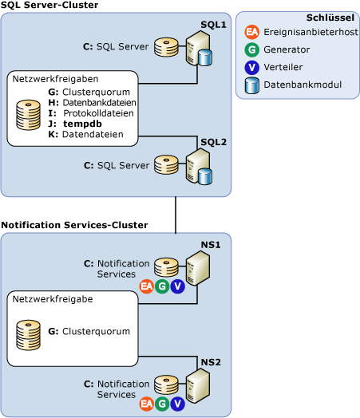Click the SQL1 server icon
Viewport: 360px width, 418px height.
pyautogui.click(x=198, y=49)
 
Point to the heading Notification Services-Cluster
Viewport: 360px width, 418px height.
pyautogui.click(x=74, y=225)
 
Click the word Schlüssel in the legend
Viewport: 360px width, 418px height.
pyautogui.click(x=330, y=18)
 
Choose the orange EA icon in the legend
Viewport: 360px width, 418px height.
pyautogui.click(x=252, y=33)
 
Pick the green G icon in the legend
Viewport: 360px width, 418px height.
pyautogui.click(x=252, y=50)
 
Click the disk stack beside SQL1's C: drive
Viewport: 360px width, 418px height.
pyautogui.click(x=166, y=47)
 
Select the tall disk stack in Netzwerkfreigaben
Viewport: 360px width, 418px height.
pyautogui.click(x=29, y=115)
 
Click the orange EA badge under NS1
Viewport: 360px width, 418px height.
pyautogui.click(x=146, y=286)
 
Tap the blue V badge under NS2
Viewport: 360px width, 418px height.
pyautogui.click(x=177, y=404)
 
